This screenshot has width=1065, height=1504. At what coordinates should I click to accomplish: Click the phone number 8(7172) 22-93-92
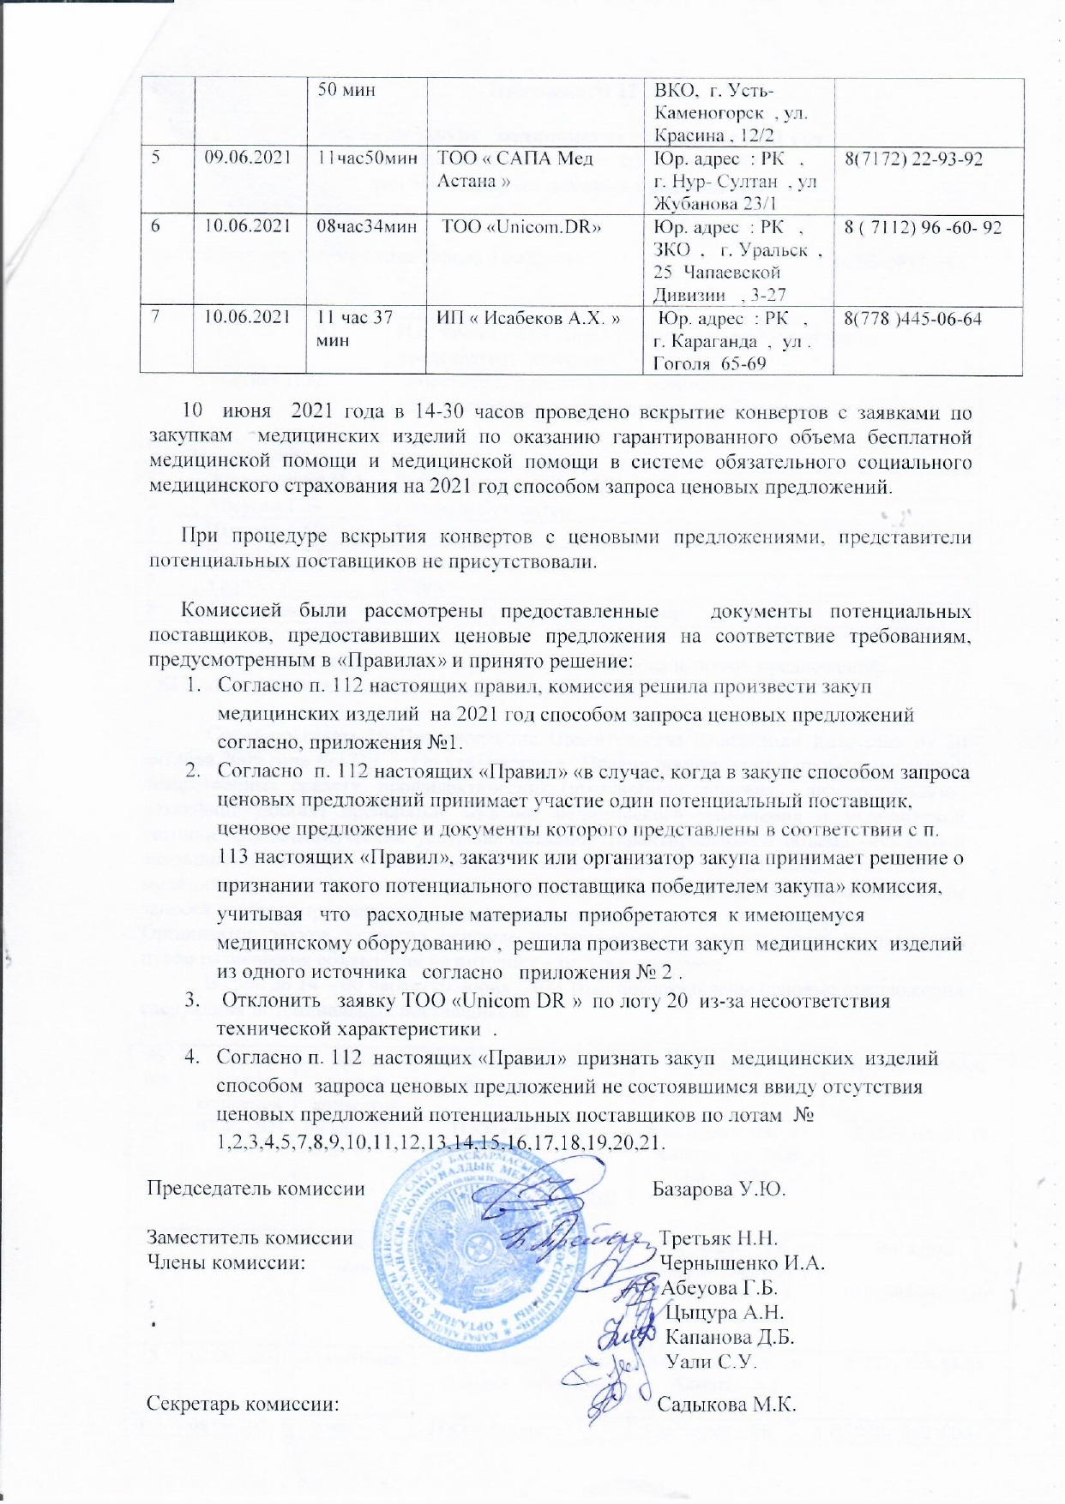(x=913, y=159)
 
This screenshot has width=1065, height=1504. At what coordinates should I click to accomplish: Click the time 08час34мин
(x=368, y=229)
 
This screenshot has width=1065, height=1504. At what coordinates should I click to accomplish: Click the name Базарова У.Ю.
(x=719, y=1189)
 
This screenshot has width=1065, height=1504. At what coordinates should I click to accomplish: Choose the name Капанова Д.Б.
(x=731, y=1336)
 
